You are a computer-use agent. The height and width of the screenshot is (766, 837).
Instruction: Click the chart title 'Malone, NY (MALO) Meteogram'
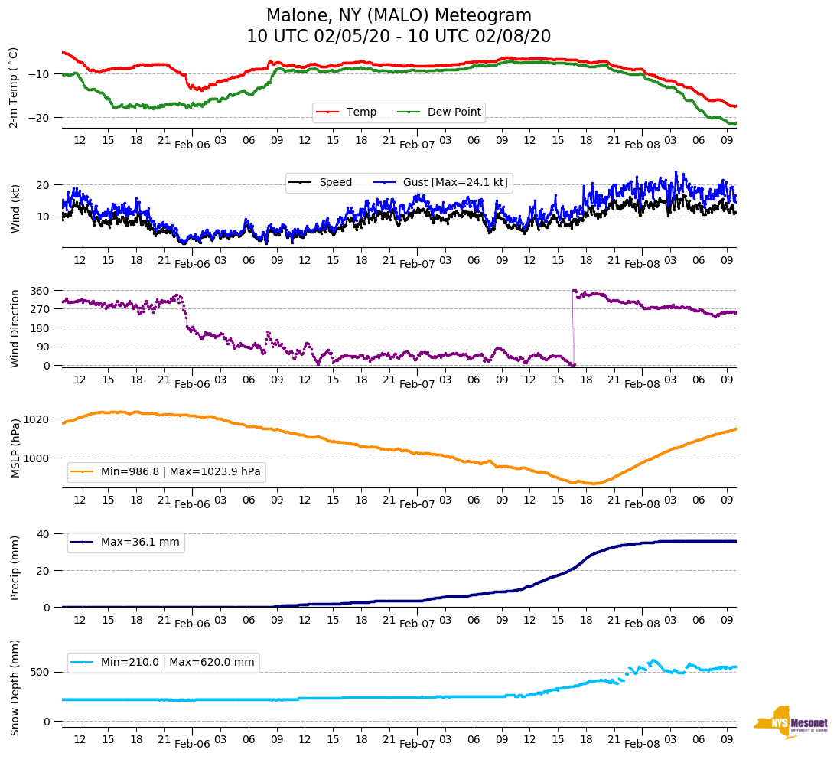click(x=399, y=16)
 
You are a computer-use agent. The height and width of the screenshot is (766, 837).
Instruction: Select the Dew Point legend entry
click(x=454, y=112)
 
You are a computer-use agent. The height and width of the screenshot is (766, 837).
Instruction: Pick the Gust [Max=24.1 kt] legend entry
click(x=456, y=182)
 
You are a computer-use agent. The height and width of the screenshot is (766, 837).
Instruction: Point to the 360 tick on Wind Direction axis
click(x=41, y=291)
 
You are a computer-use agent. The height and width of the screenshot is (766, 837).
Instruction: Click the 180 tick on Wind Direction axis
click(x=41, y=328)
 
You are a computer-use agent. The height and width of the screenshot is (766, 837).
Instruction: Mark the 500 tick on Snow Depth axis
click(x=41, y=672)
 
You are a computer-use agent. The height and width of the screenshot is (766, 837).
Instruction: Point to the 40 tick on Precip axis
click(x=44, y=534)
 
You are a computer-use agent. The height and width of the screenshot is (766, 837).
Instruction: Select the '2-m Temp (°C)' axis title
click(x=14, y=87)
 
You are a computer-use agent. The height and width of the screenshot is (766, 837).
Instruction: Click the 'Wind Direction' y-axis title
click(x=15, y=328)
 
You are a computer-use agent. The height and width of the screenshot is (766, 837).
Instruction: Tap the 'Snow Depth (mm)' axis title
click(x=15, y=686)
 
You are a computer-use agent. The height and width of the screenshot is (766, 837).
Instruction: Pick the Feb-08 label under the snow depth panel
click(x=642, y=744)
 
